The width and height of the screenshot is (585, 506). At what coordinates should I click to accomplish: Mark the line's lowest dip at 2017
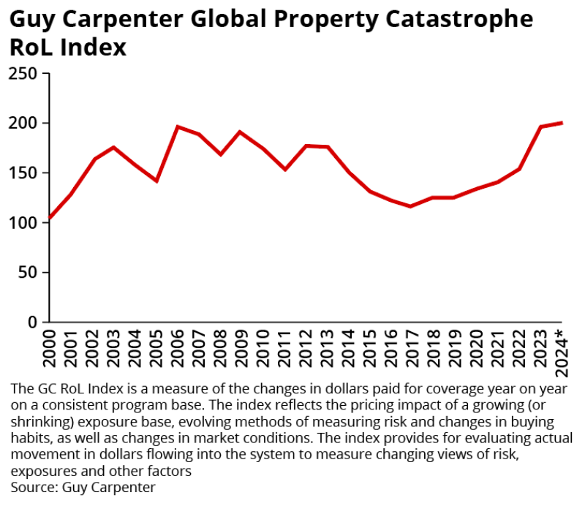point(412,206)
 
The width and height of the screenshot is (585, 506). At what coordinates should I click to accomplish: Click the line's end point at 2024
point(561,123)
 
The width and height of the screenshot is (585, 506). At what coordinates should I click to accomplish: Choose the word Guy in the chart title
point(28,20)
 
